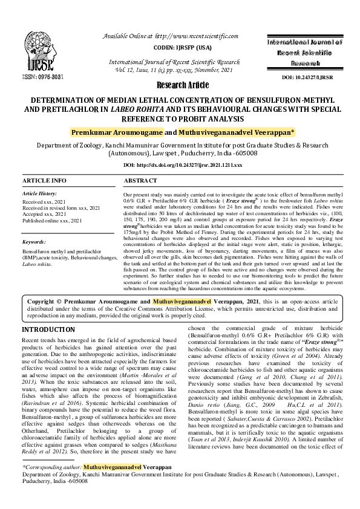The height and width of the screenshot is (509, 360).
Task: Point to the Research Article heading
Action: pos(180,85)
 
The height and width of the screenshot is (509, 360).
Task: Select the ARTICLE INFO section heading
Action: pos(44,181)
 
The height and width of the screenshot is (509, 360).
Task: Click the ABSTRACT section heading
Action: pos(140,181)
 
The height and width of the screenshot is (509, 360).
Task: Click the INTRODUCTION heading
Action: pos(53,329)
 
